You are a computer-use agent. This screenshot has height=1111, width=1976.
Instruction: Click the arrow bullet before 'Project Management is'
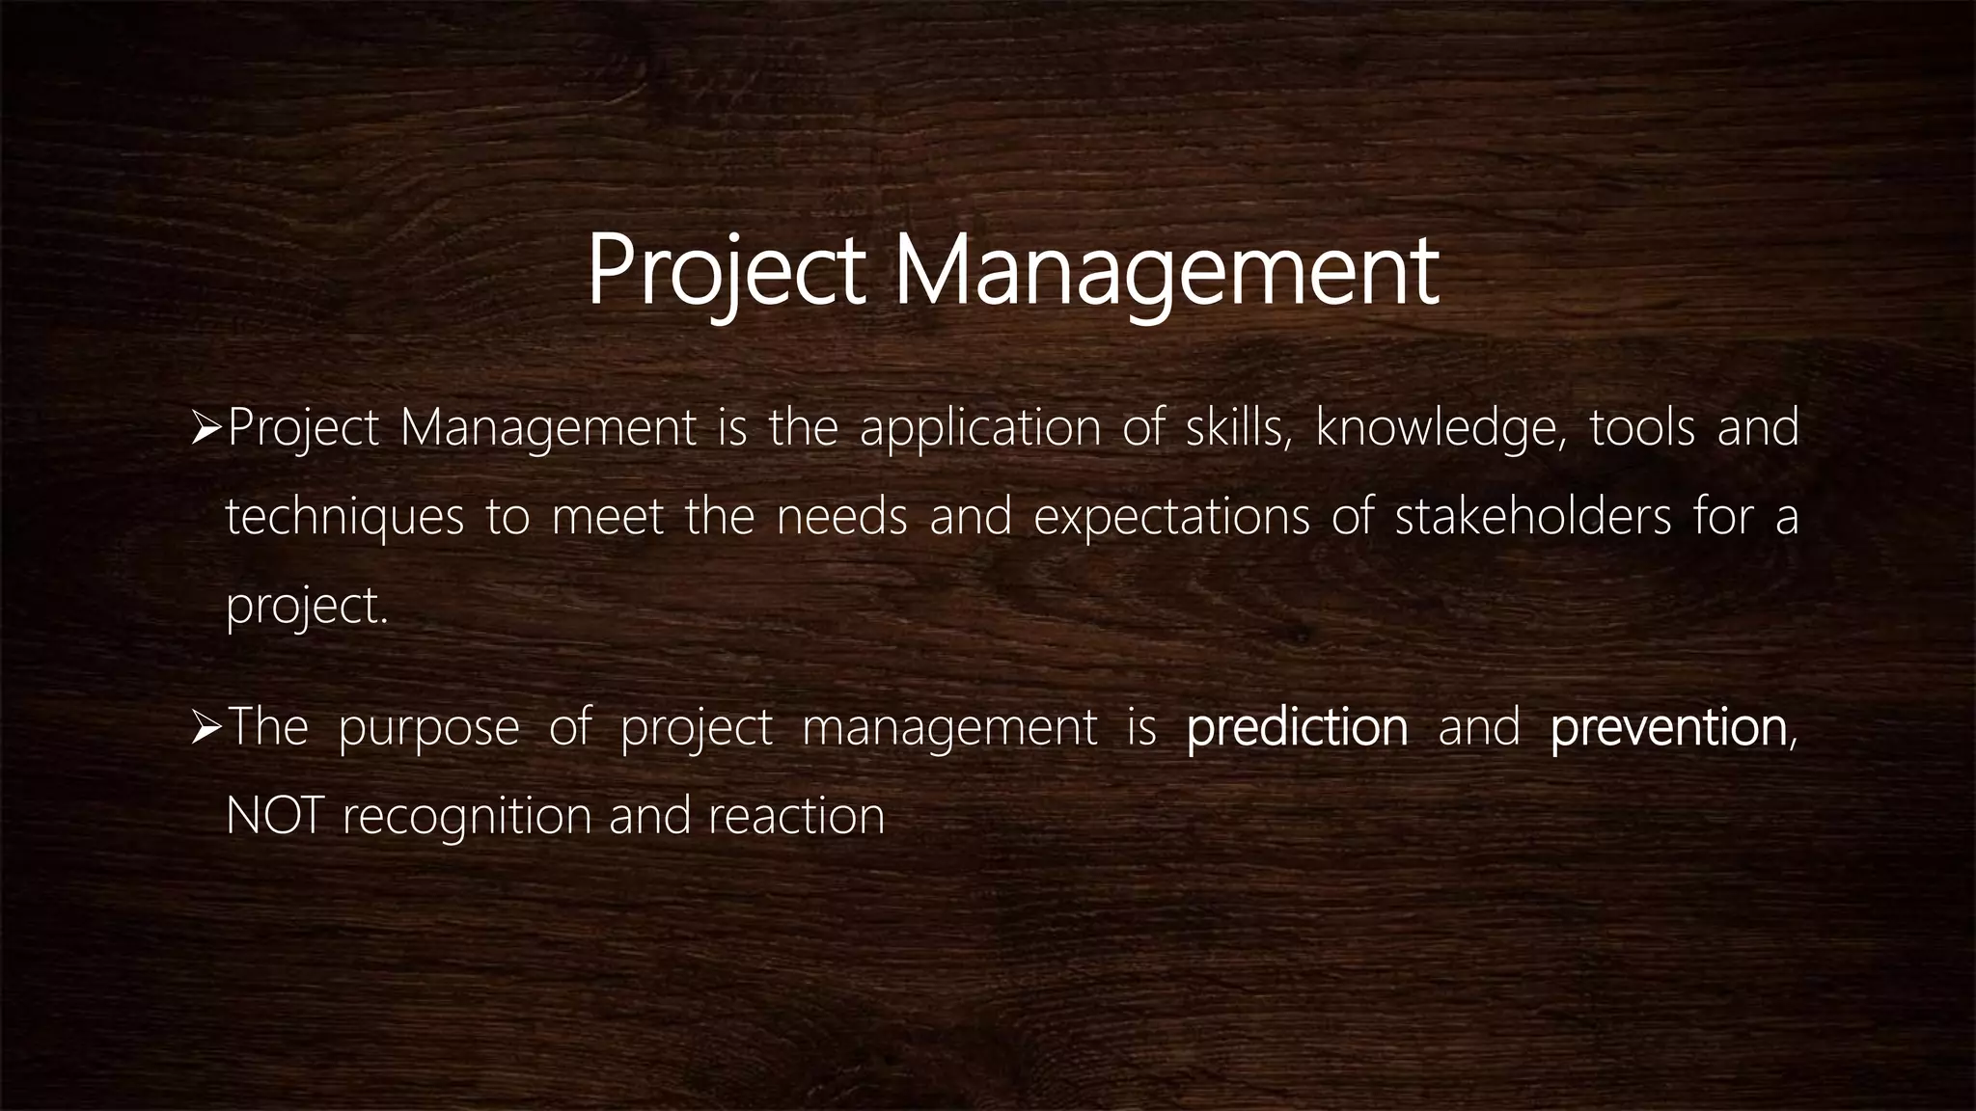(207, 428)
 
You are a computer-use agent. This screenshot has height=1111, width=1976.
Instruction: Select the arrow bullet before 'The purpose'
(207, 727)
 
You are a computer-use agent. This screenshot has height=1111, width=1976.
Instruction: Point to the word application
(980, 428)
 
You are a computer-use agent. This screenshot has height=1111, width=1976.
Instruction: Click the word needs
(842, 518)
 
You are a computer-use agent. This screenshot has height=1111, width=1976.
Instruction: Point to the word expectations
(1171, 518)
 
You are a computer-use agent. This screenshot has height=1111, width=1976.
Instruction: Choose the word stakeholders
(1533, 518)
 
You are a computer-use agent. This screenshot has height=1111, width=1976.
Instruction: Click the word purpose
(428, 729)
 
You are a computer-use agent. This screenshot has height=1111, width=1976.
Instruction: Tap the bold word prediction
(1297, 727)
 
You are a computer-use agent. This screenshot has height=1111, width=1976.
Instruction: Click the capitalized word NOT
(274, 817)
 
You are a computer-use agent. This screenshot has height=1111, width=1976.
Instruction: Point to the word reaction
(796, 817)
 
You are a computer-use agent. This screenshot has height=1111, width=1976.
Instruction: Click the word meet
(608, 518)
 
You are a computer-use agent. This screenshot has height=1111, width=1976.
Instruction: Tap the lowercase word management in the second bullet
(949, 729)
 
